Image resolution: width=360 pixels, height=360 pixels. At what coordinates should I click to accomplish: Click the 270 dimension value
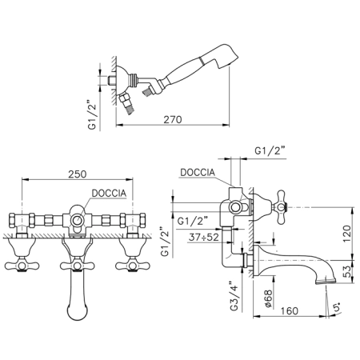(x=173, y=119)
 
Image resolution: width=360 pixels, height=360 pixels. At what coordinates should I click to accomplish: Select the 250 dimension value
(x=78, y=174)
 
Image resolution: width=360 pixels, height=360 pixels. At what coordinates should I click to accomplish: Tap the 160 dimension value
(x=289, y=311)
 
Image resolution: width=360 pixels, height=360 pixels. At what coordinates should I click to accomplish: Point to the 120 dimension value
(x=347, y=234)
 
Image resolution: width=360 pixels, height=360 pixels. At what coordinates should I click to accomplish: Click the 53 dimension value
(x=347, y=271)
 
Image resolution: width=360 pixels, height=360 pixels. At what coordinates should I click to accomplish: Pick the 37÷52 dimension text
(x=204, y=237)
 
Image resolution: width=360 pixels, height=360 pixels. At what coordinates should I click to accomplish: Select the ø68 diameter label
(x=269, y=298)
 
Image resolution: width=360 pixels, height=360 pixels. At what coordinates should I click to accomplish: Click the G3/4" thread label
(x=234, y=295)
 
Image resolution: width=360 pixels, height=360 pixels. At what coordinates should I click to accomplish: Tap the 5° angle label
(x=337, y=307)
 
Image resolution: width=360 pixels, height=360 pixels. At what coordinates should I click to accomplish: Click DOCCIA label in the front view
(x=109, y=194)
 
